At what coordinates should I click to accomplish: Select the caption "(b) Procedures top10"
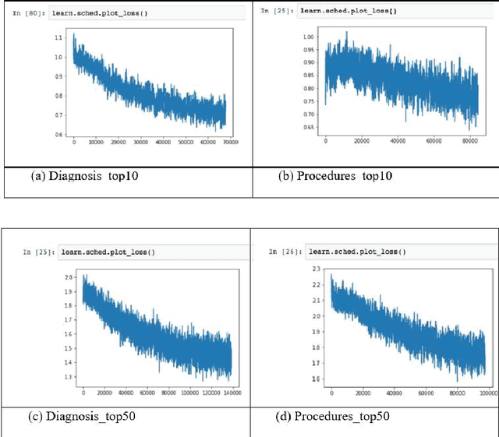coord(335,176)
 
